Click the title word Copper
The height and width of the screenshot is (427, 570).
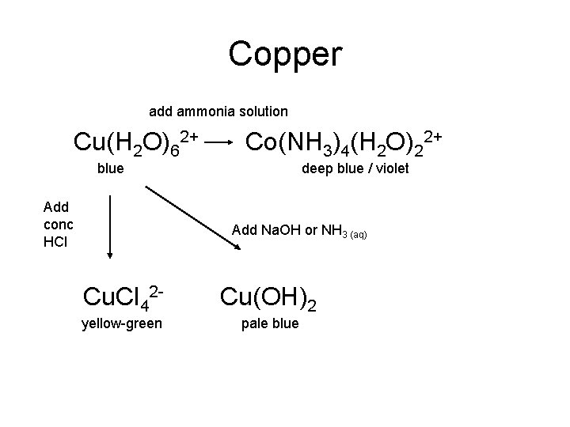285,54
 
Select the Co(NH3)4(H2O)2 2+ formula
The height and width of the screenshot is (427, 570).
343,143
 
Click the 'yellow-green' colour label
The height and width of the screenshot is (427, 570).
121,323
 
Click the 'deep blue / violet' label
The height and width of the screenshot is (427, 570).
354,168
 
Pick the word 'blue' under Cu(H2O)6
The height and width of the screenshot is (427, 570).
110,168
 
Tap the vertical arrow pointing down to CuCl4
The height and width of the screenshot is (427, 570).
110,229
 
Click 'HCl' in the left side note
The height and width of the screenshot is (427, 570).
55,241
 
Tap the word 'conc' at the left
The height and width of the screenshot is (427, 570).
58,224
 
